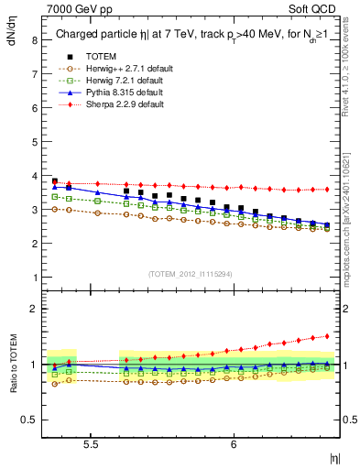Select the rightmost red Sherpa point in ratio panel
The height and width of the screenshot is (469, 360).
327,335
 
